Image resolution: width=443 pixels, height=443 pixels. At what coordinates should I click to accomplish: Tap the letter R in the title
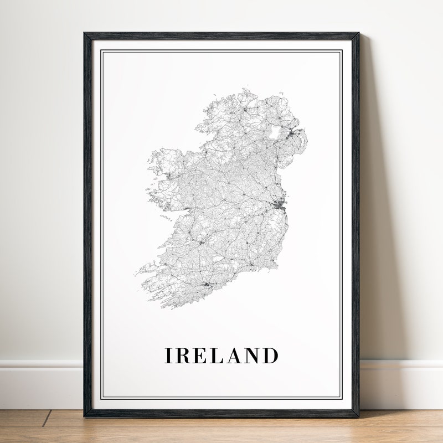point(182,356)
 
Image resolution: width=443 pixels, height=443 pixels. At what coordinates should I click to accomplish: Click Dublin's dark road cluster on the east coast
point(278,205)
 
